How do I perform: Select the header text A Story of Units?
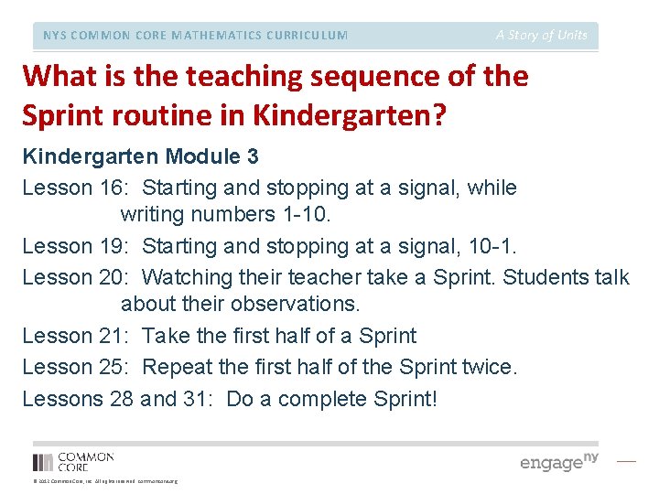(x=542, y=35)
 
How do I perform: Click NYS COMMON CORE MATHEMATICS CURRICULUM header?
(x=195, y=36)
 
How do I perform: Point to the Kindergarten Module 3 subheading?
(x=140, y=156)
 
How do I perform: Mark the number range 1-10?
(x=310, y=216)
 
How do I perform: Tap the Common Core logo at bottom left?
(x=73, y=461)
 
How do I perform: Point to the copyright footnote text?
(x=104, y=481)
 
